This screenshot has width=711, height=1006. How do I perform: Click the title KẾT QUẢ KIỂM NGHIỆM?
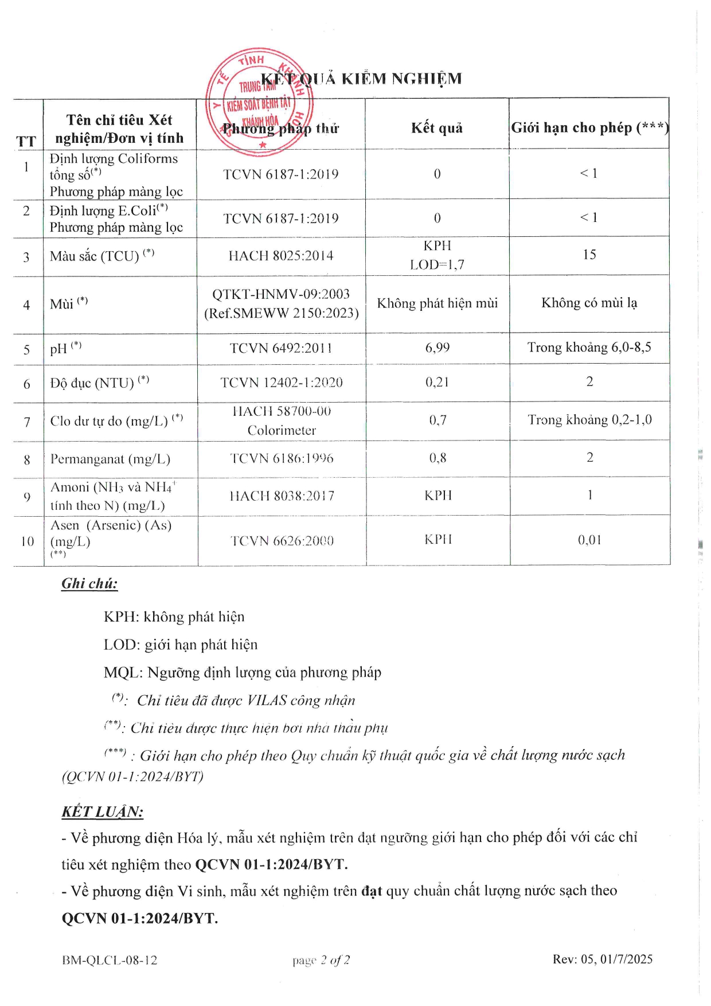point(361,79)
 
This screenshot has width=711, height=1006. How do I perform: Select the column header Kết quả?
point(437,128)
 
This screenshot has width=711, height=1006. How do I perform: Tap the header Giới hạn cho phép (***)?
point(589,127)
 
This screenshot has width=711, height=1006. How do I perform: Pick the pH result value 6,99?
point(437,348)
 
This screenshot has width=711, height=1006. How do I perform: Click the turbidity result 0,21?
point(437,382)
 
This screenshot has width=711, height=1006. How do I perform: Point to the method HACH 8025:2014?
point(281,256)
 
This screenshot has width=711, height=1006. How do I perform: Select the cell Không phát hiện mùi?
point(437,303)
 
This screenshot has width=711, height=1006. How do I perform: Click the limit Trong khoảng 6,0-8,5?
point(589,348)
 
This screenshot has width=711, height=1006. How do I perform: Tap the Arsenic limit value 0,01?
point(589,540)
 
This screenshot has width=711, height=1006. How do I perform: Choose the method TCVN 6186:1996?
point(282,458)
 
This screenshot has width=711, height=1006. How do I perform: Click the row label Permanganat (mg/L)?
point(110,459)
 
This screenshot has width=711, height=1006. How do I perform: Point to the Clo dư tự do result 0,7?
point(437,420)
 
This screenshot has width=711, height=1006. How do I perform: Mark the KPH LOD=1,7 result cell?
point(437,255)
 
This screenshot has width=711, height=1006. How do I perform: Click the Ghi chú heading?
point(89,584)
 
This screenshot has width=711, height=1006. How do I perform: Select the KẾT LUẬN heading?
point(103,812)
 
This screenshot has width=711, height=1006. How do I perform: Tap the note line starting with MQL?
point(242,672)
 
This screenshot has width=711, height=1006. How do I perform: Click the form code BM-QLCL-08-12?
point(110,960)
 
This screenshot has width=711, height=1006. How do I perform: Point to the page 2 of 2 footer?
point(321,960)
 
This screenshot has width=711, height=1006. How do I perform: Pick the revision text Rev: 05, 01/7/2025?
point(603,959)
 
